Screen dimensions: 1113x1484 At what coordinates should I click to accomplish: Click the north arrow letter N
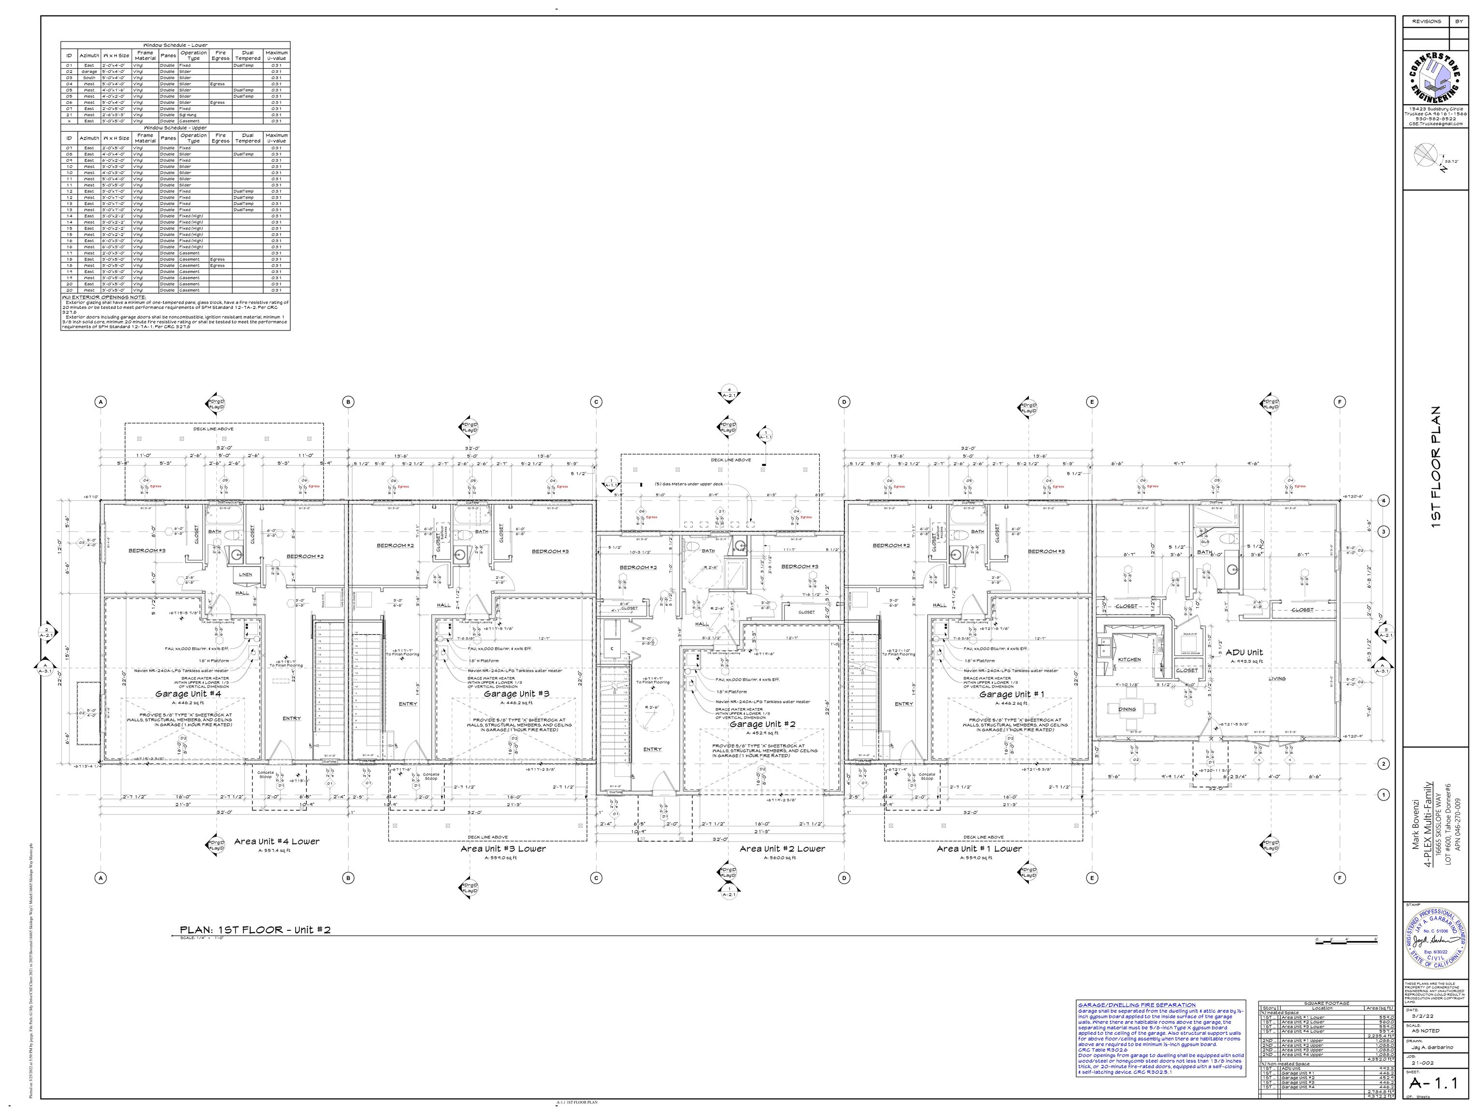click(x=1439, y=169)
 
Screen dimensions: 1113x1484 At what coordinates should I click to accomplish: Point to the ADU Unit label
click(x=1244, y=652)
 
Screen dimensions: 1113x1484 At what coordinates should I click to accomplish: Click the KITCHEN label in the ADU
click(x=1129, y=659)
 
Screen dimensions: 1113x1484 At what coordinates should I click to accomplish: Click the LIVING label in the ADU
click(x=1277, y=678)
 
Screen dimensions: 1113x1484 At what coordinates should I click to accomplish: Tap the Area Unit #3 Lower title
click(x=503, y=849)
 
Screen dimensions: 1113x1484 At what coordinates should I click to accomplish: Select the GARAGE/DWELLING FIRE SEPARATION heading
click(x=1137, y=1005)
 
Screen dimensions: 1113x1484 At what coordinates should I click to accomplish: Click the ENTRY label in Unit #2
click(x=652, y=749)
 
